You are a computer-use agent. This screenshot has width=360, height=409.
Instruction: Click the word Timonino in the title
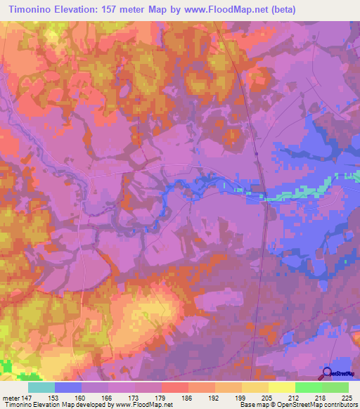tap(31, 10)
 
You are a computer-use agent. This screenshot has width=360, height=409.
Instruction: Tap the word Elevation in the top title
tap(84, 10)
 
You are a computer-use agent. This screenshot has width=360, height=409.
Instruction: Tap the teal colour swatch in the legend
tap(41, 387)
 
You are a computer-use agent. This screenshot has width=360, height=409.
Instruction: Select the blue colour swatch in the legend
tap(68, 387)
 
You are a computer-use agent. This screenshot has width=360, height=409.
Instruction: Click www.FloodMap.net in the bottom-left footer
tap(137, 404)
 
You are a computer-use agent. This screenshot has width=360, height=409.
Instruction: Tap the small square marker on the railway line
tap(257, 154)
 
